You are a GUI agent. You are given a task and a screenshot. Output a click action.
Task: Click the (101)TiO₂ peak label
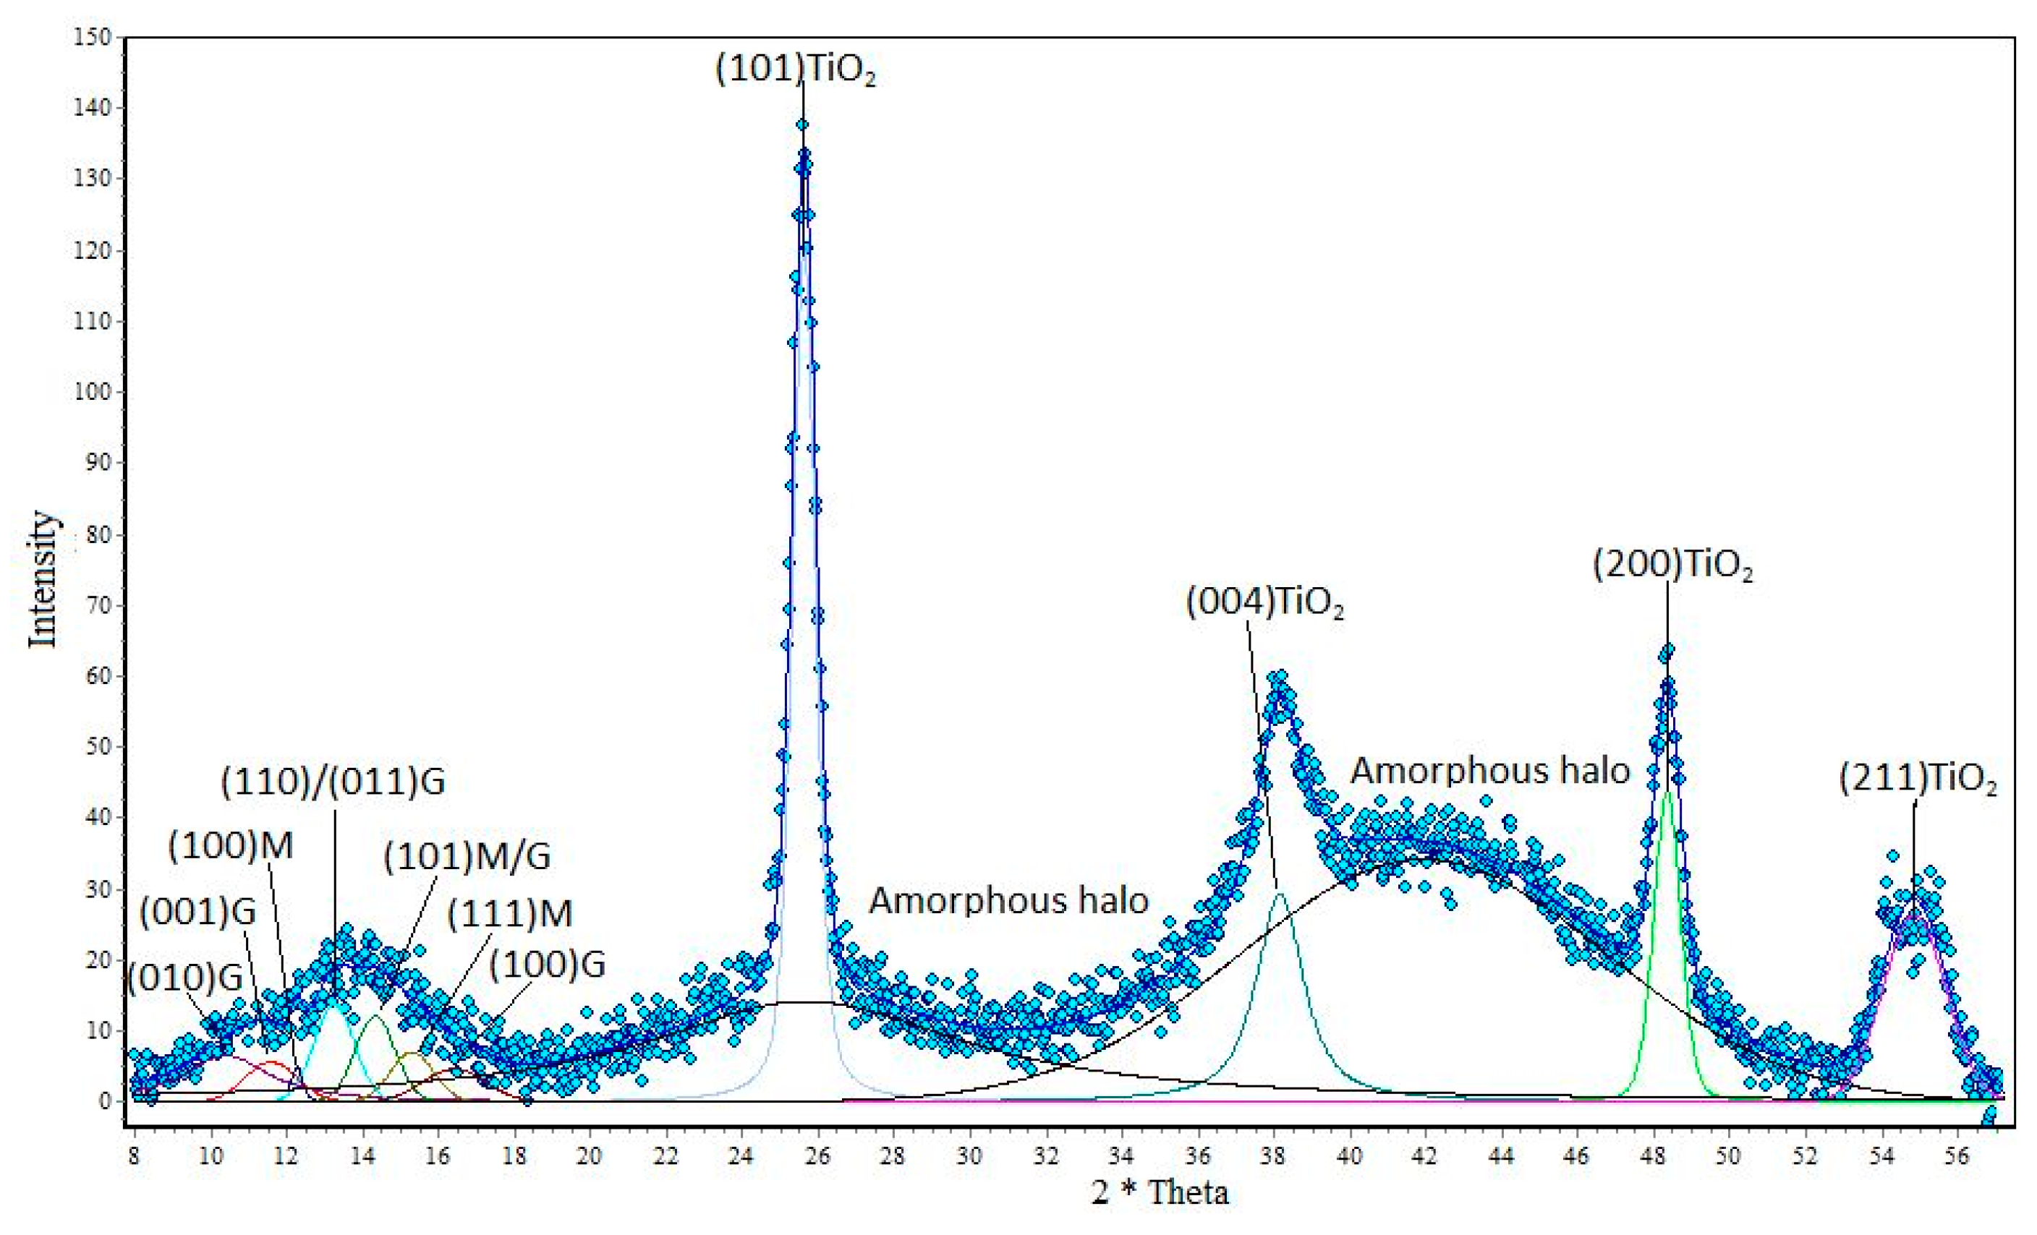[794, 70]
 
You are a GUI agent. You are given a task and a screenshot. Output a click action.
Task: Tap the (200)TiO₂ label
[1672, 565]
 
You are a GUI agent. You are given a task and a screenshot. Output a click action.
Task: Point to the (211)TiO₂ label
[1918, 779]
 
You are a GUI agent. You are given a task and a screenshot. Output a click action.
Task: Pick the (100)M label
[231, 847]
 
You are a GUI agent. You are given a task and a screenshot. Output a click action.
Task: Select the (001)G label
[197, 913]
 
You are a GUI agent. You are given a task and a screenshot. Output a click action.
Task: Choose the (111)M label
[509, 914]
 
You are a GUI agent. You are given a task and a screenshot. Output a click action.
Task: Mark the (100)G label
[548, 964]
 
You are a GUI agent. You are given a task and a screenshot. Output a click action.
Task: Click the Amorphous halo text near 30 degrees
[1008, 900]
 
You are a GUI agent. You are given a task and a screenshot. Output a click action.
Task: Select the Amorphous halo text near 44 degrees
[1489, 770]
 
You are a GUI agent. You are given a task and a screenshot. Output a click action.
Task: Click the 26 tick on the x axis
[817, 1155]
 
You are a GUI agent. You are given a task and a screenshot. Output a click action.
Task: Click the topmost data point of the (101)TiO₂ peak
[802, 125]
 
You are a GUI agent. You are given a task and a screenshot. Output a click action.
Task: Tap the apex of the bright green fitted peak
[1667, 792]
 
